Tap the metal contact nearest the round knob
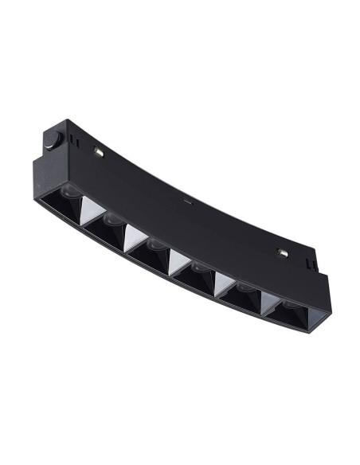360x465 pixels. pos(99,150)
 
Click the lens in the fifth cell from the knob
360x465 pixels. pos(239,287)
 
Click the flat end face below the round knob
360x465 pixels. pos(45,175)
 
